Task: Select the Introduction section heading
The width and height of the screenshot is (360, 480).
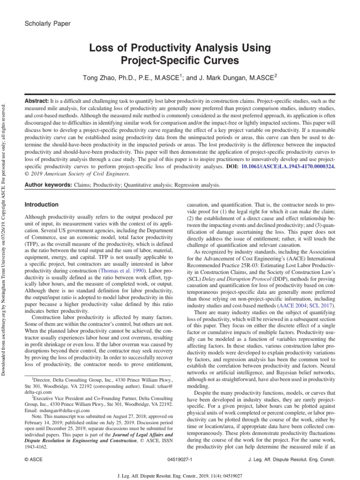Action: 41,205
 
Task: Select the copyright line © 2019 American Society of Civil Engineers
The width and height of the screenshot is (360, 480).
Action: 77,173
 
